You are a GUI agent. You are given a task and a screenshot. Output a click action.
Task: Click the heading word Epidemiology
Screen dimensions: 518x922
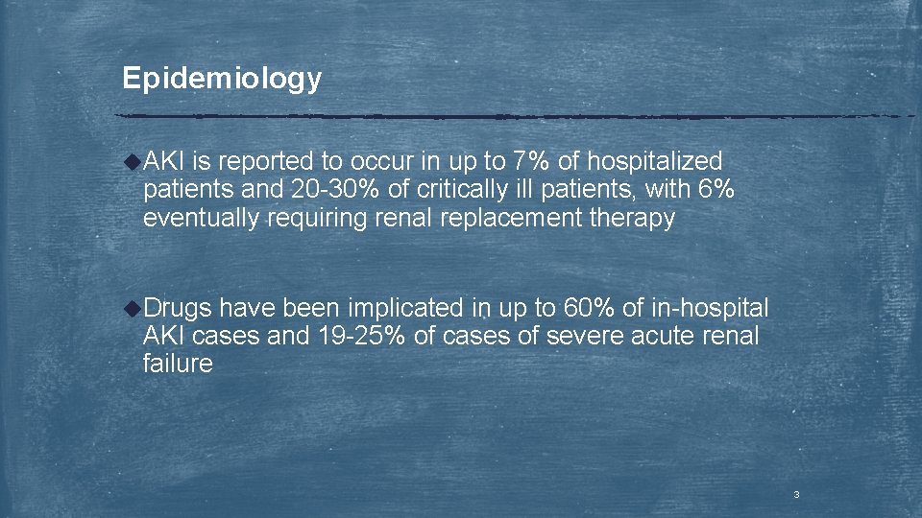[x=222, y=79]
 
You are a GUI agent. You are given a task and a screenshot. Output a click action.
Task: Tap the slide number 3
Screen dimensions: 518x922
[x=796, y=495]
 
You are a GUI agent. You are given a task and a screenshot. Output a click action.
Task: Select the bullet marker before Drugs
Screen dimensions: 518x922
[x=133, y=308]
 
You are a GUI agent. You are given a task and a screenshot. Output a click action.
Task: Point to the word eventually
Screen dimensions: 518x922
[x=201, y=219]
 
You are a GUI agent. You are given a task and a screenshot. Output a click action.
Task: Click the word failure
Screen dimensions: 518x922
[x=178, y=365]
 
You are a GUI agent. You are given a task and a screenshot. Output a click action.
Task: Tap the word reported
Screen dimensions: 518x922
[x=259, y=162]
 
